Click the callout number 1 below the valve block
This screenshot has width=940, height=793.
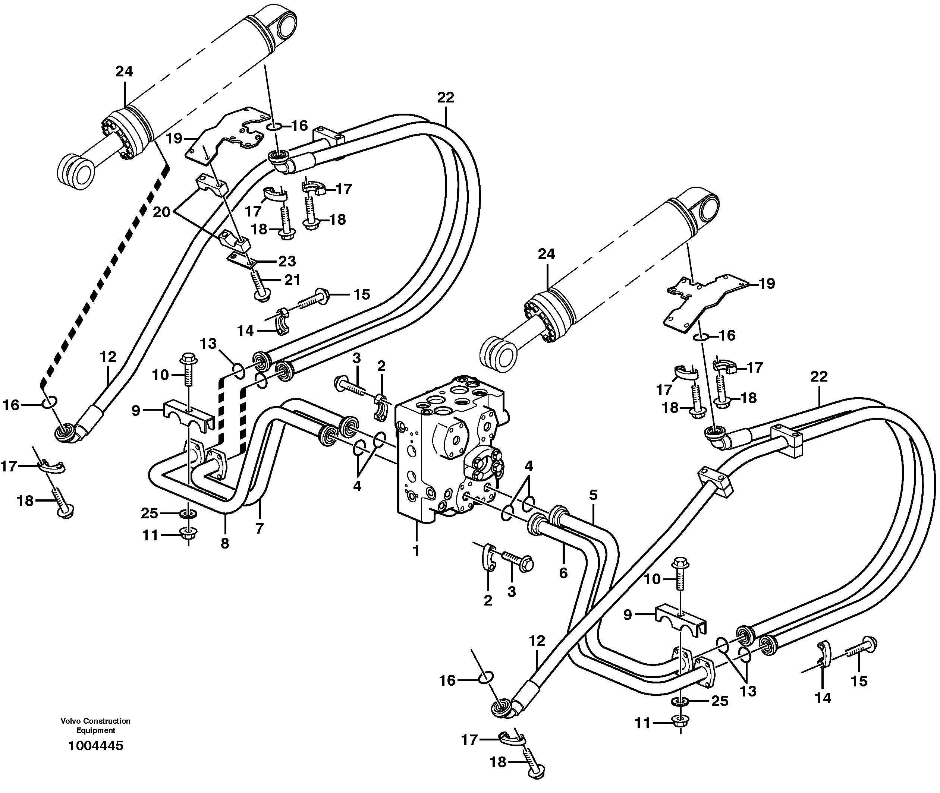(416, 551)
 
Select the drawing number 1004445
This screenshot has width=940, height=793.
(95, 746)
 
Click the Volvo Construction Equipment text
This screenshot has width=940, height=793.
(95, 726)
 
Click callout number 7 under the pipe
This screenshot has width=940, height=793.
(259, 529)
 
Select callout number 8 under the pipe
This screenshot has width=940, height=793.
(224, 543)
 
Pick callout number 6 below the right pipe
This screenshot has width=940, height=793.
(563, 573)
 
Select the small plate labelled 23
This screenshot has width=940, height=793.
(240, 259)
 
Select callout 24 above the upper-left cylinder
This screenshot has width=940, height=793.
(124, 72)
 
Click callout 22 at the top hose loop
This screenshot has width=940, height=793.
(445, 98)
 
